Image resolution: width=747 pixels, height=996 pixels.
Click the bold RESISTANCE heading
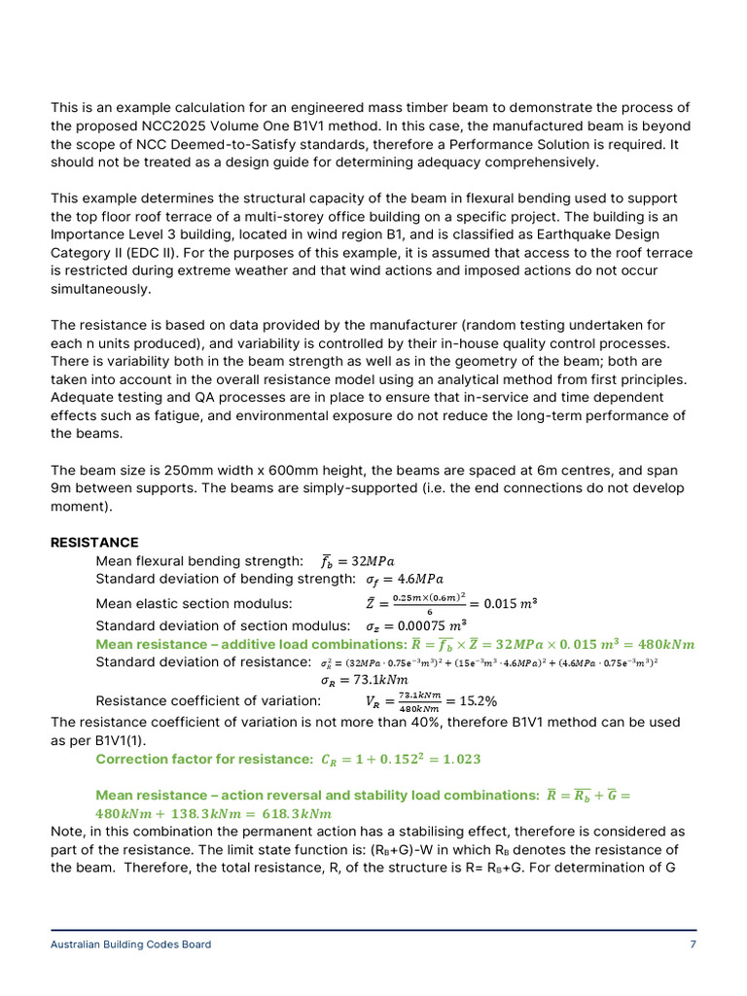[94, 543]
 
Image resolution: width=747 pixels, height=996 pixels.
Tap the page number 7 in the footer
[693, 943]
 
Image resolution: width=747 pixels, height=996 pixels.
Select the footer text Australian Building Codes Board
[130, 943]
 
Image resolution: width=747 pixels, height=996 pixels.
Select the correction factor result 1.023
[459, 759]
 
